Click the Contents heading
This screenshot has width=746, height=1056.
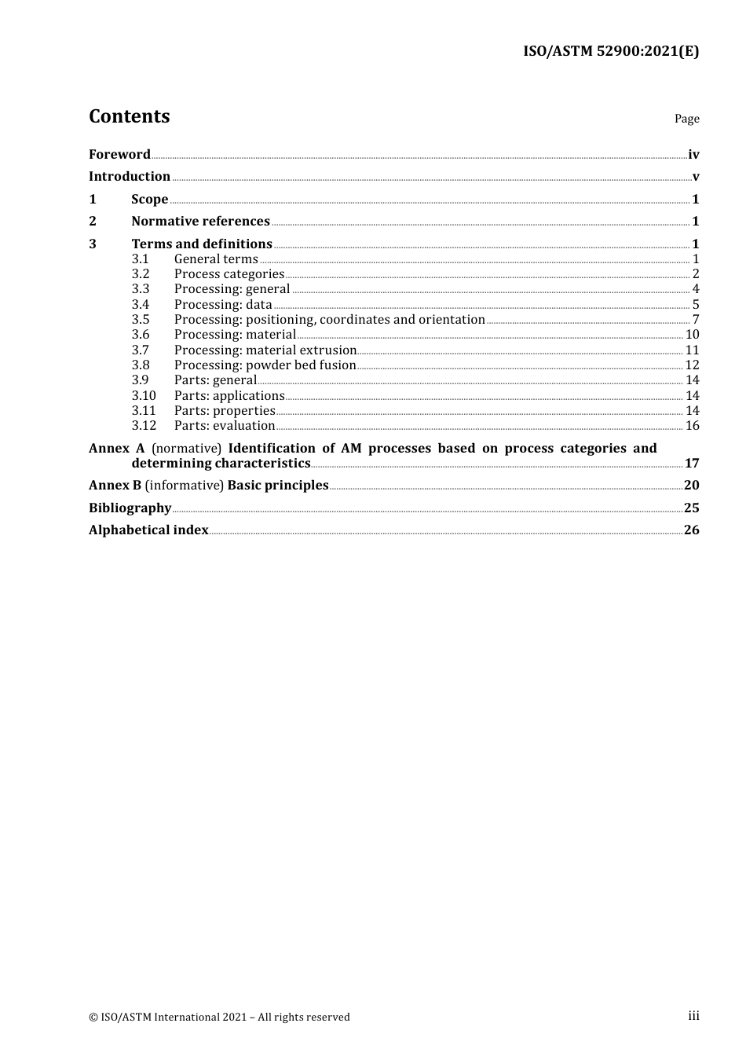[x=129, y=116]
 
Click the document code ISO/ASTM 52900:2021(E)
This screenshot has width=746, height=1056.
[x=610, y=51]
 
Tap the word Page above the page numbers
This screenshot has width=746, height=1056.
[x=686, y=119]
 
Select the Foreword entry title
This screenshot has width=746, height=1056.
[x=119, y=154]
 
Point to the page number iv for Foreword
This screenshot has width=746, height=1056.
[x=693, y=154]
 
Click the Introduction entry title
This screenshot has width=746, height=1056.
[x=130, y=176]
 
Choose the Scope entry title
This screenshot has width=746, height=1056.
[x=149, y=199]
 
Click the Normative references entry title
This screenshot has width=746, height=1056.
[x=200, y=221]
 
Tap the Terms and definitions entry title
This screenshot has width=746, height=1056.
[x=202, y=244]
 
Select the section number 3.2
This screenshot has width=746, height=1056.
[x=141, y=273]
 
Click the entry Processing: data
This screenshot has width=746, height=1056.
[x=223, y=304]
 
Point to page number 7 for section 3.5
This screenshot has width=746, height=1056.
[x=696, y=319]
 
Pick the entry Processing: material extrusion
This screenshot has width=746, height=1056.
[x=265, y=350]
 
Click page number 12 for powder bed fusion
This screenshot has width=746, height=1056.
[x=692, y=365]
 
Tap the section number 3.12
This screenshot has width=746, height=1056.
[x=144, y=425]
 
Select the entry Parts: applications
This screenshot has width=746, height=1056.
[x=229, y=395]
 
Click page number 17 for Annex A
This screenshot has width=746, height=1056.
[x=692, y=463]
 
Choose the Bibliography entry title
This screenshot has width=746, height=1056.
[x=130, y=508]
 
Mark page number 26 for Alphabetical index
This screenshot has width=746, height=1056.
[x=692, y=530]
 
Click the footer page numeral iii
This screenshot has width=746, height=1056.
[x=693, y=1015]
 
